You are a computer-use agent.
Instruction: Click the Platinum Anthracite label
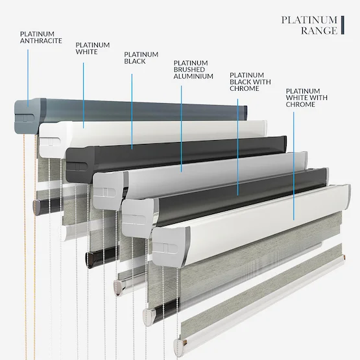[x=41, y=38]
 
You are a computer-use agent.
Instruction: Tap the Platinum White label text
[x=93, y=48]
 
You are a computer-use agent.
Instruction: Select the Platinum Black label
[x=141, y=58]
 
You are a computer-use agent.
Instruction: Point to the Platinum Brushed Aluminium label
[x=193, y=69]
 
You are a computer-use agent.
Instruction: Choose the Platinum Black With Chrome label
[x=250, y=82]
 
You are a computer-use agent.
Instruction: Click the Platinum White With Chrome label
[x=307, y=97]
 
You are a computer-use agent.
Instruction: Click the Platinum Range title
[x=309, y=25]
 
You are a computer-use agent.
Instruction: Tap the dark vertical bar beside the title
[x=342, y=25]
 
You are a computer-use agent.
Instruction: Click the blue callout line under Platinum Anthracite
[x=28, y=78]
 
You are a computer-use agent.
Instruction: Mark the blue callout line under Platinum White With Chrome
[x=294, y=166]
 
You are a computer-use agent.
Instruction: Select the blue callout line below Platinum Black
[x=132, y=112]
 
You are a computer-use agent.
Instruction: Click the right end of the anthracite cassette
[x=246, y=113]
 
